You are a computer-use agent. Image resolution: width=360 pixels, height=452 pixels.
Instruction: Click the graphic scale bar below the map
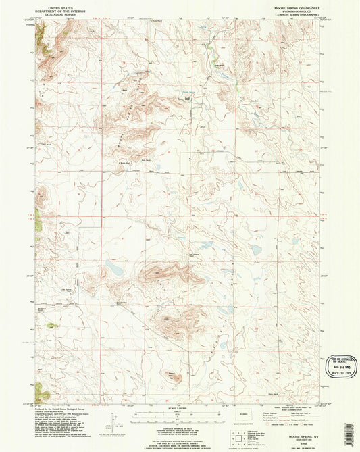[x=179, y=413]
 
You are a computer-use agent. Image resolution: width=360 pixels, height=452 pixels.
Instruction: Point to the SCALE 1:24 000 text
[x=179, y=408]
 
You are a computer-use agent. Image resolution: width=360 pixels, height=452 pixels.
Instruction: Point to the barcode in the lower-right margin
[x=348, y=426]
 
